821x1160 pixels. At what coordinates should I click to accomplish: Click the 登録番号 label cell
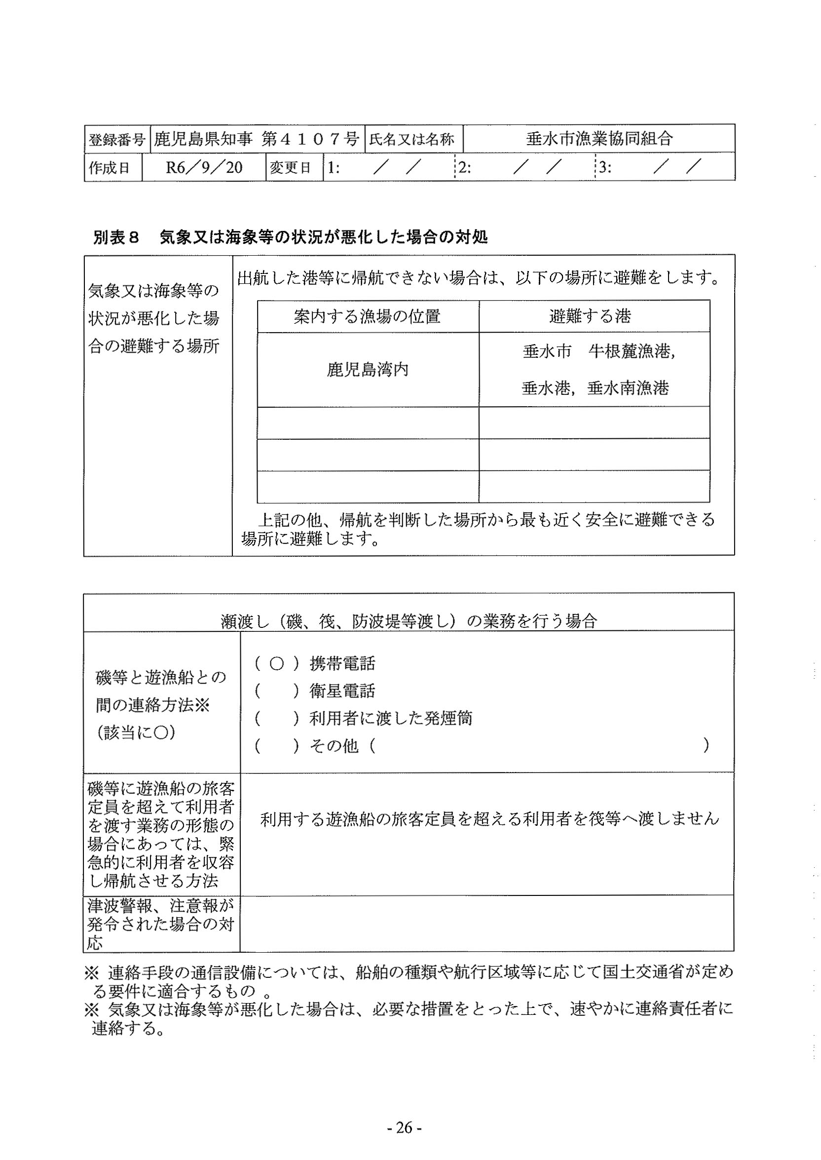117,139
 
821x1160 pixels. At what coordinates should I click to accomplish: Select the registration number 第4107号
310,139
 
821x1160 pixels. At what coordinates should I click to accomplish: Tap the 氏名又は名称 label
411,139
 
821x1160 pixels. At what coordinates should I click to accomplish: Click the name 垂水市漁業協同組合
599,139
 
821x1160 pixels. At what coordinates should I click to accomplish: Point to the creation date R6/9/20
204,167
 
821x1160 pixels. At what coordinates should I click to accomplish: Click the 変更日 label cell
290,167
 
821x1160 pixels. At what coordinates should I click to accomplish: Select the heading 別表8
116,237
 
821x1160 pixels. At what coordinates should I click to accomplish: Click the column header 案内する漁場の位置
368,316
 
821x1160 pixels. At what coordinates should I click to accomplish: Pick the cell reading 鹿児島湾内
368,370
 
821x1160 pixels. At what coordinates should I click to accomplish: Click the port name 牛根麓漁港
632,351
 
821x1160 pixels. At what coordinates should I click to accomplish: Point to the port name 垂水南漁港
628,388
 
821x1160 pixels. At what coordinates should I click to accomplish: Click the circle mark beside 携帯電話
276,663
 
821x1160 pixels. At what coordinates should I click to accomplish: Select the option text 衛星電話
342,691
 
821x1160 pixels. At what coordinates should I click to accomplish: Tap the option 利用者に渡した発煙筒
391,718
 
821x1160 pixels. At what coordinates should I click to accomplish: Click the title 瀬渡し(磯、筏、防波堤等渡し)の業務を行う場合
409,620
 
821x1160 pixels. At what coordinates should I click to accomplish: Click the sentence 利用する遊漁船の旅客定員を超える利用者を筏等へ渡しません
489,819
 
